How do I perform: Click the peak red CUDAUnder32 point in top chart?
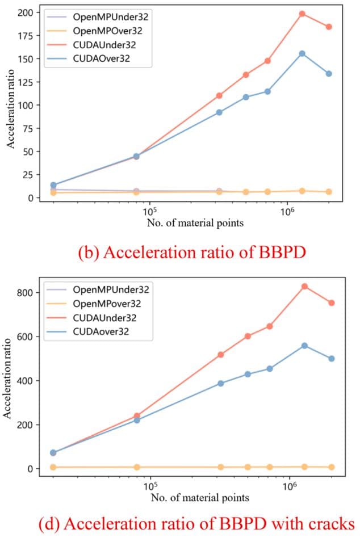point(302,14)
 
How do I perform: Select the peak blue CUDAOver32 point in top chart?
point(302,53)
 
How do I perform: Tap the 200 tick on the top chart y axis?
point(26,12)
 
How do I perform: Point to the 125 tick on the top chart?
point(26,82)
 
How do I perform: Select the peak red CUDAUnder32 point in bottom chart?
point(304,287)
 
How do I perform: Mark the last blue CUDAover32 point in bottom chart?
point(331,359)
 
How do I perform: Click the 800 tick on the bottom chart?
point(25,293)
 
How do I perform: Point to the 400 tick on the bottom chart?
point(25,381)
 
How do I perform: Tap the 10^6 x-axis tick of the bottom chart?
point(290,487)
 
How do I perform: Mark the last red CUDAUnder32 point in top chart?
point(329,27)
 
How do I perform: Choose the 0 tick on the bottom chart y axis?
point(28,469)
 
